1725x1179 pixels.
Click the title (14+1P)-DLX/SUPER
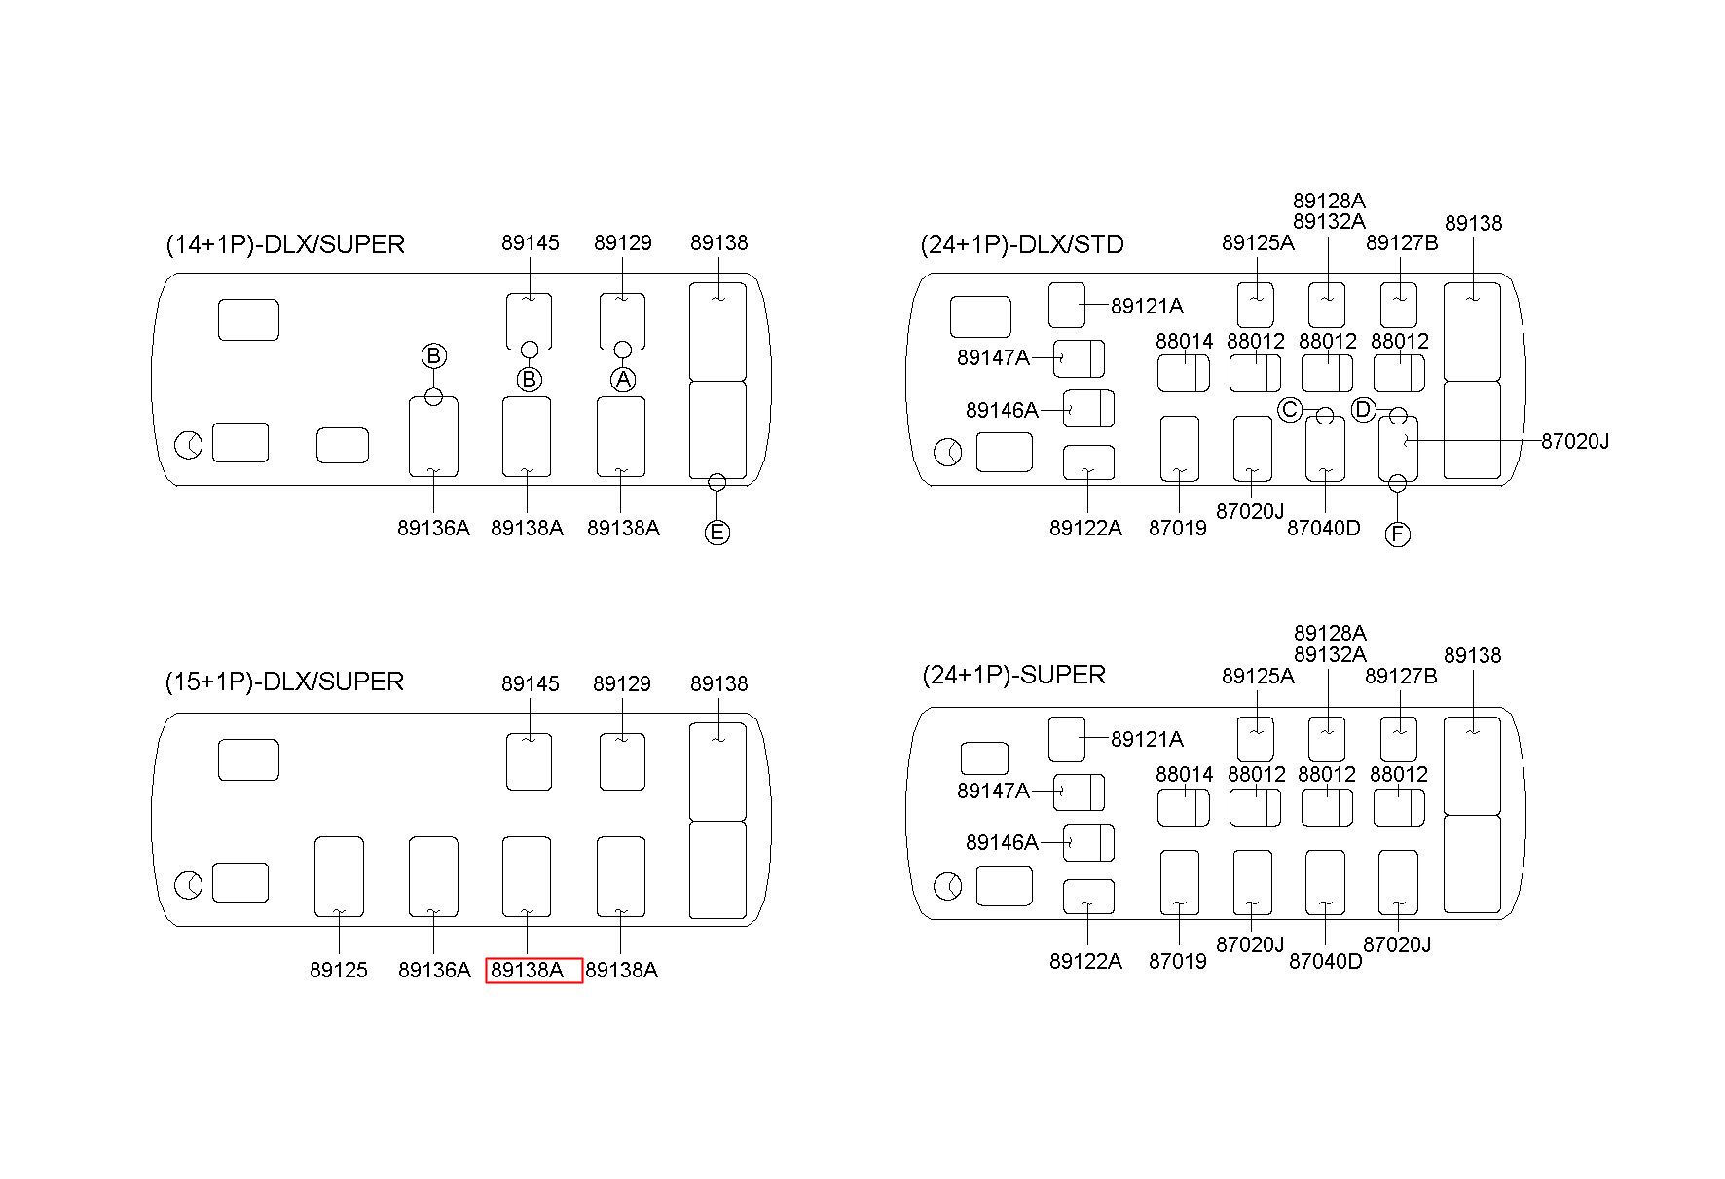coord(285,244)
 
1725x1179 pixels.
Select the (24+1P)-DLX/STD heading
coord(1022,244)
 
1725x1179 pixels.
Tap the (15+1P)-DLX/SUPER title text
coord(284,682)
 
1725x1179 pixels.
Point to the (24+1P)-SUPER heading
coord(1013,675)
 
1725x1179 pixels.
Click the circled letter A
coord(623,379)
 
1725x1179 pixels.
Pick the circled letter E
coord(717,533)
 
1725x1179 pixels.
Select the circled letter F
coord(1397,534)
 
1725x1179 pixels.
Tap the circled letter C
coord(1290,410)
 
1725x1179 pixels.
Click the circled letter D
coord(1363,410)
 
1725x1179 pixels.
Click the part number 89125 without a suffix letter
coord(339,971)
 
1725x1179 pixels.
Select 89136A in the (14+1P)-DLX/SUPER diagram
coord(433,528)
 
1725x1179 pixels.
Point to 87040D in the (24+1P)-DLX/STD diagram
coord(1323,528)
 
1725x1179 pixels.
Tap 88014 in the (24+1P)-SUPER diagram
coord(1184,774)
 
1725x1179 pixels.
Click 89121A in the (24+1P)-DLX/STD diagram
coord(1147,306)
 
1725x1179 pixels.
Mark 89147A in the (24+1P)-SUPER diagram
coord(993,791)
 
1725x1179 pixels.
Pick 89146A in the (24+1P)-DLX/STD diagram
coord(1002,410)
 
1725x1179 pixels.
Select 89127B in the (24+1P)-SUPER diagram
coord(1401,676)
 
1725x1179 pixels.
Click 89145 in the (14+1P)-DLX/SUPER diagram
coord(531,242)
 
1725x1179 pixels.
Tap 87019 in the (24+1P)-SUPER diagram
coord(1177,961)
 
